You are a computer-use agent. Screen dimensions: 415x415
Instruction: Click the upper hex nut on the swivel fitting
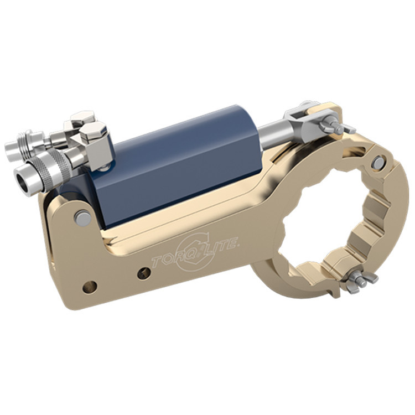(x=82, y=118)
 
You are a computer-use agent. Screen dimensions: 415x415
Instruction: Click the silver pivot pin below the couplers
(x=83, y=217)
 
